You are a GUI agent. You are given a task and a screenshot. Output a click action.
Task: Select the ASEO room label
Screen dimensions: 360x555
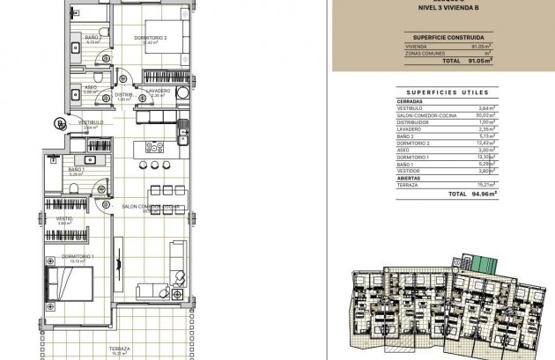click(x=91, y=87)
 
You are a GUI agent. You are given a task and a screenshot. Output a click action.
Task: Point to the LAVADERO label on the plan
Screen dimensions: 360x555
click(x=159, y=91)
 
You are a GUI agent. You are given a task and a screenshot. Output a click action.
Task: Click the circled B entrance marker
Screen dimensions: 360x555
click(x=59, y=122)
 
